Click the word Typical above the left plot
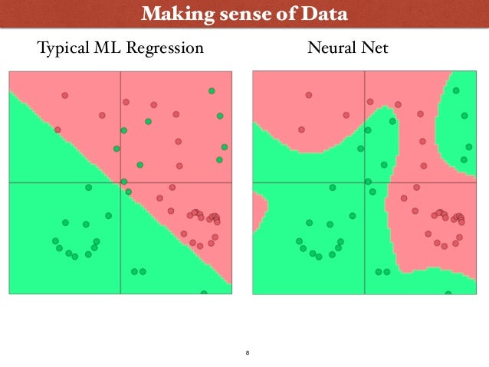tap(64, 49)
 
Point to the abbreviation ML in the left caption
tap(112, 49)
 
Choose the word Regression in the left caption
tap(168, 49)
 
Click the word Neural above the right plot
tap(330, 49)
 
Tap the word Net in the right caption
tap(376, 49)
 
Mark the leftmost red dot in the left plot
tap(57, 129)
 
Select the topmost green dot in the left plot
tap(211, 91)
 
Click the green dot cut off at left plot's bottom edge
tap(204, 293)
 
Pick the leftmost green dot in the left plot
tap(55, 241)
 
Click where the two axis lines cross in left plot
tap(120, 182)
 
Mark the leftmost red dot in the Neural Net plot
tap(301, 129)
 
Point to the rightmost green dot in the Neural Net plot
tap(468, 146)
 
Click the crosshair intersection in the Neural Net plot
tap(364, 182)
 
